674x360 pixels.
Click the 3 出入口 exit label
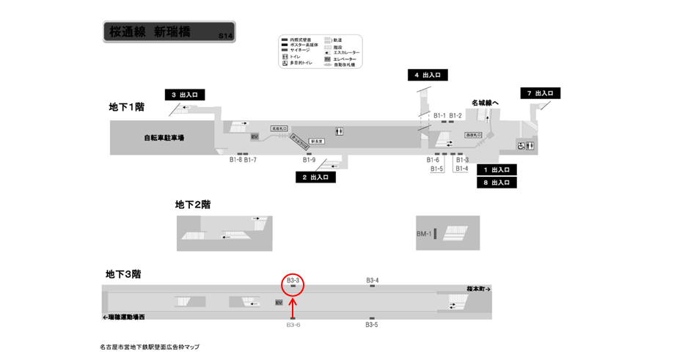(x=184, y=95)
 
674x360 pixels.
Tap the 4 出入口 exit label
(x=427, y=75)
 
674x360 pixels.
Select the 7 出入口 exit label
(x=541, y=93)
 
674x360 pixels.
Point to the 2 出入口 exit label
(x=315, y=177)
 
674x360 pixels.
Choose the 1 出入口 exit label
(x=497, y=169)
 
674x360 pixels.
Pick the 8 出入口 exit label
(x=497, y=183)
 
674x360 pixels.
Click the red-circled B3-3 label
(x=293, y=280)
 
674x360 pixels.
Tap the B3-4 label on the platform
(x=373, y=280)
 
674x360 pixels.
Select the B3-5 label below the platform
(x=372, y=324)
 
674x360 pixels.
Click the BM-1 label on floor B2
(x=423, y=234)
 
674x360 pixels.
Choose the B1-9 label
(x=309, y=160)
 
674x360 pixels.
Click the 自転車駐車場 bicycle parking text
(x=164, y=137)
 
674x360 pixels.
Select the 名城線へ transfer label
(x=485, y=103)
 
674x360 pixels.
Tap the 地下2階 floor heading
(x=193, y=204)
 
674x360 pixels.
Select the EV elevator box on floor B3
(x=279, y=302)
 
